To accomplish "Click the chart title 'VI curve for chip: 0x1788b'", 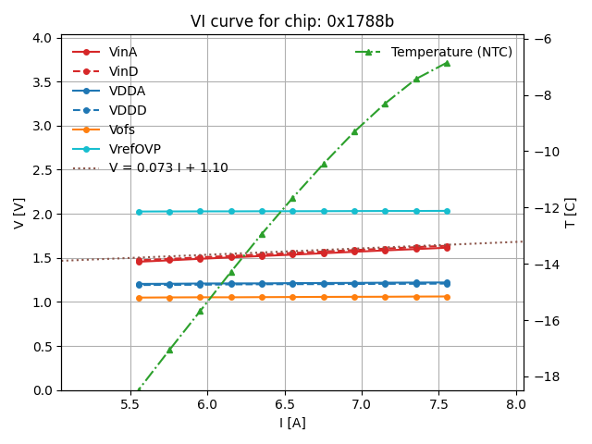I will coord(291,21).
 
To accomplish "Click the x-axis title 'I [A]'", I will coord(292,424).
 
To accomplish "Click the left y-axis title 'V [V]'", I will coord(19,214).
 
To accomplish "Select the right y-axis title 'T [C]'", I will coord(571,214).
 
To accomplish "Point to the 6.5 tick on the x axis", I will coord(284,404).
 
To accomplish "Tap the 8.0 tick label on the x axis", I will coord(515,404).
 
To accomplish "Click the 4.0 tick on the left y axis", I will coord(43,38).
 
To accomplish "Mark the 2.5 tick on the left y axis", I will coord(43,170).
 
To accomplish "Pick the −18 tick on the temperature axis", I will coord(544,377).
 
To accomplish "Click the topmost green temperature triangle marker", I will coord(447,63).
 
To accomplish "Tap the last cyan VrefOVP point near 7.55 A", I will coord(447,211).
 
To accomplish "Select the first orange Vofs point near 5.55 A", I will coord(139,298).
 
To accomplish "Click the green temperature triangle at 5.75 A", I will coord(169,350).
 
